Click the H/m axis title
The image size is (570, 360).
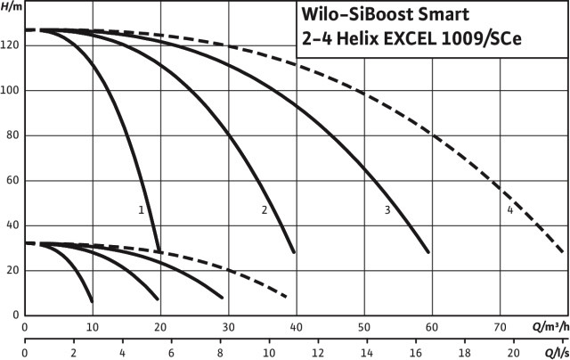12,8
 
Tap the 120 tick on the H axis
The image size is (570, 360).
11,45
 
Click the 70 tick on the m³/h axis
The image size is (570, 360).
500,326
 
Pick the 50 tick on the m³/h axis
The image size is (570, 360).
363,326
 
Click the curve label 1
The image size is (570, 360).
141,210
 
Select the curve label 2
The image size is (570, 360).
265,210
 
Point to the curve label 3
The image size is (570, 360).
387,210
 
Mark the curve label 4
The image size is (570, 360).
509,210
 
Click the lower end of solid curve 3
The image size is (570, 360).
428,252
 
